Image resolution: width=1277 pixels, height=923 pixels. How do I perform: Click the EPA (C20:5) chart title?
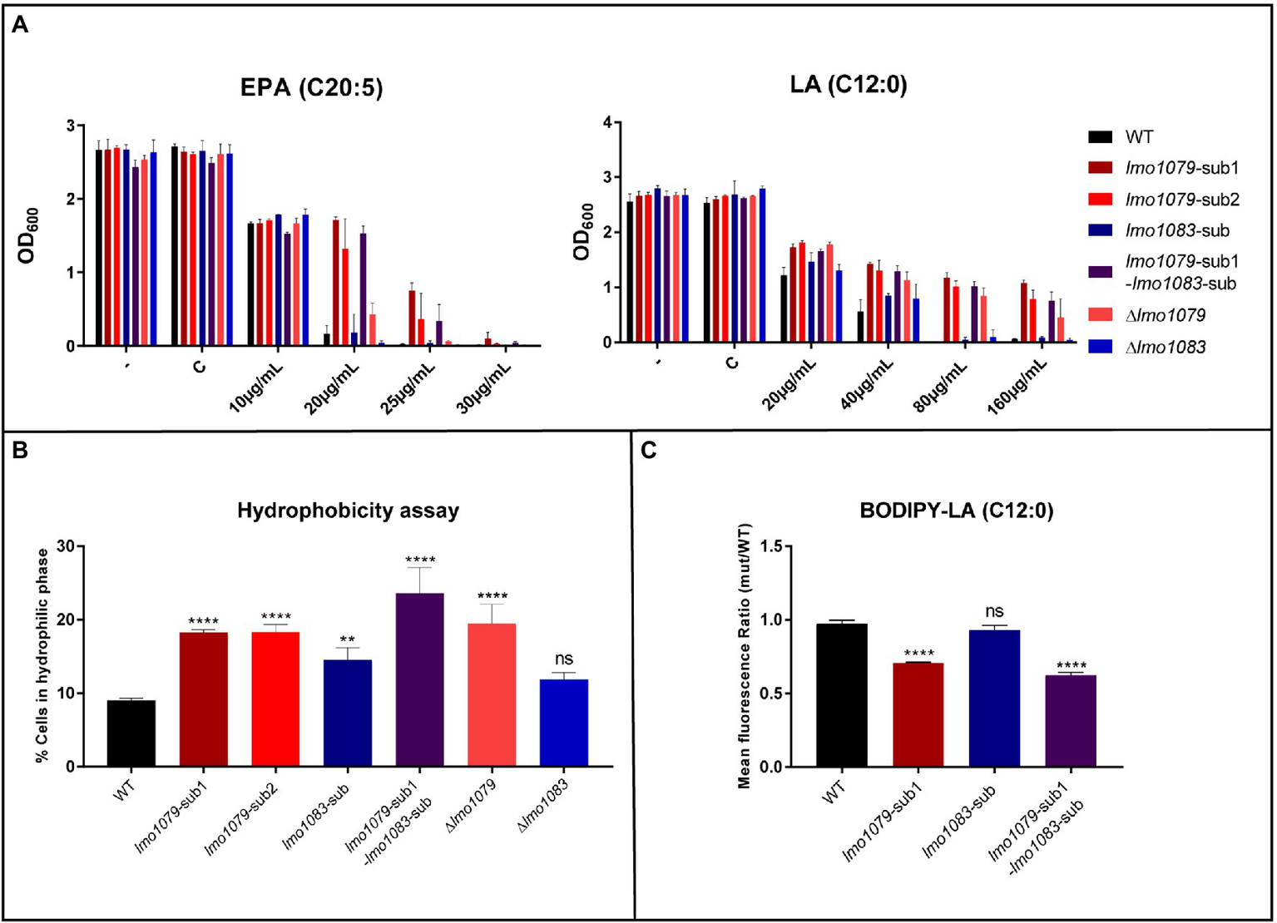(311, 87)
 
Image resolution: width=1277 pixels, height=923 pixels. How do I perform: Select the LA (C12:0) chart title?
(848, 84)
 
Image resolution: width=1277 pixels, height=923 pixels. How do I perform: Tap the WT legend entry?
(1139, 137)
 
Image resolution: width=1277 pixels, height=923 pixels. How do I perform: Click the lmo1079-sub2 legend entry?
(1181, 200)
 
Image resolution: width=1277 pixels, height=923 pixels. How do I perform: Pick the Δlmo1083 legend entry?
(1165, 348)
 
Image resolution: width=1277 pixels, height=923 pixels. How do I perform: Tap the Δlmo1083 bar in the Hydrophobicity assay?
(563, 723)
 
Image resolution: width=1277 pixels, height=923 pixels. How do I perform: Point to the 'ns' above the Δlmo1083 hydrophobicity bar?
(563, 659)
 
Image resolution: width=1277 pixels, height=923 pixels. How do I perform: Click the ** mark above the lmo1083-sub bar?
(347, 640)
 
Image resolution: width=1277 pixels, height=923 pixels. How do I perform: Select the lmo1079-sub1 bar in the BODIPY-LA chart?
(918, 714)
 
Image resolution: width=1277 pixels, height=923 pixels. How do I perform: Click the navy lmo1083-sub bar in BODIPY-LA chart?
(994, 698)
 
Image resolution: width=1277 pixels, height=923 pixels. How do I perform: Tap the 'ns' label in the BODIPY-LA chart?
(994, 612)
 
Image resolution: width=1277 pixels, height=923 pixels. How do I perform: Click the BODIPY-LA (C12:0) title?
(956, 511)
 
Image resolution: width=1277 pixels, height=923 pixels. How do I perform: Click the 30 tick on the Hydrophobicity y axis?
(66, 546)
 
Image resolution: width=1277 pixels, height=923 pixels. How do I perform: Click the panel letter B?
(20, 450)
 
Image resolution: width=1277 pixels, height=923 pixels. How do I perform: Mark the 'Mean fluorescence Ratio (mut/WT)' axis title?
(744, 656)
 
